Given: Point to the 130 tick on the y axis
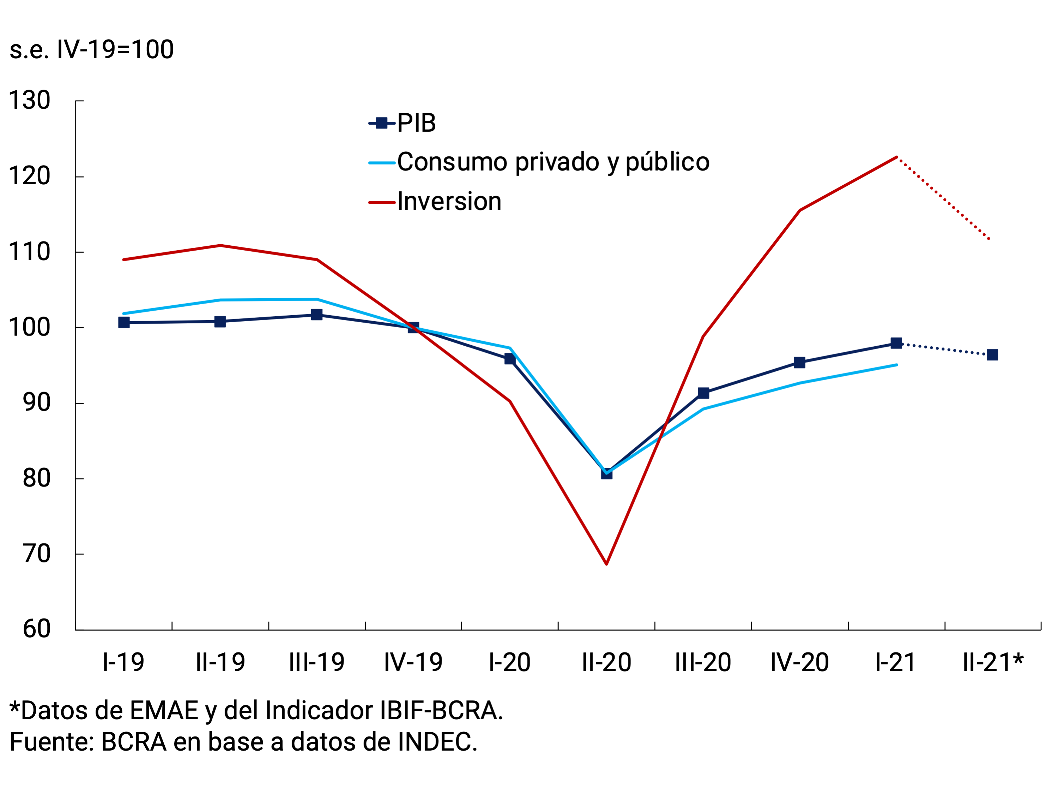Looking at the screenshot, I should click(30, 101).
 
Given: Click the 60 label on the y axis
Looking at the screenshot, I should click(36, 629).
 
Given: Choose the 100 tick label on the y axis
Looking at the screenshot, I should click(30, 328).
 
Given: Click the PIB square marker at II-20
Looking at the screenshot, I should click(606, 473).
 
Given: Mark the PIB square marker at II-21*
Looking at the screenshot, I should click(992, 355).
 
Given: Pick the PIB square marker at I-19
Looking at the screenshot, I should click(124, 323).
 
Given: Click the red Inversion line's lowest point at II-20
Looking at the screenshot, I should click(606, 564).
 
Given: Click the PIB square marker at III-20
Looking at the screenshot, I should click(703, 393).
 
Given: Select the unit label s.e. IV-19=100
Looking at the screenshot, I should click(92, 50).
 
